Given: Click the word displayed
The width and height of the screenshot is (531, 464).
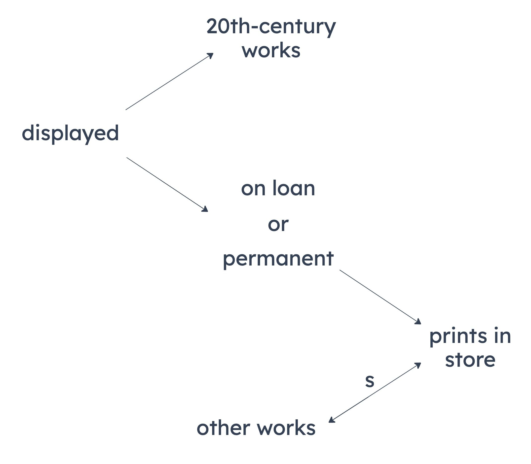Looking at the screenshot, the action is pos(70,133).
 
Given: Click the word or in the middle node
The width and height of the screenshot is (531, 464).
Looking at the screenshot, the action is pos(278,224).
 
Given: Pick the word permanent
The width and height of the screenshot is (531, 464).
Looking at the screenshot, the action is pos(278,259).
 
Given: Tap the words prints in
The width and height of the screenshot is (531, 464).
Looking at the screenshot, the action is pos(470,337).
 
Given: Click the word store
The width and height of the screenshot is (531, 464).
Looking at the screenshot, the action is pos(470,360).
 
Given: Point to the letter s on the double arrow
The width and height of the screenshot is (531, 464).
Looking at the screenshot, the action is pos(370,381).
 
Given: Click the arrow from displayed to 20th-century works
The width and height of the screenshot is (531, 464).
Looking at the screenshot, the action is pos(169,81).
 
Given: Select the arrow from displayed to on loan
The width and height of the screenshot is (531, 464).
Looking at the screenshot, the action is pos(167,184).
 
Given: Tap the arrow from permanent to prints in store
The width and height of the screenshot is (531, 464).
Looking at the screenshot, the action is pos(380,297).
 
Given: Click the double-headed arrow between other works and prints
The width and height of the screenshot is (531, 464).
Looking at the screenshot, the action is pos(375,393).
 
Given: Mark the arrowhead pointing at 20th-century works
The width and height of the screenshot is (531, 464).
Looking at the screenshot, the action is pos(210,55).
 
